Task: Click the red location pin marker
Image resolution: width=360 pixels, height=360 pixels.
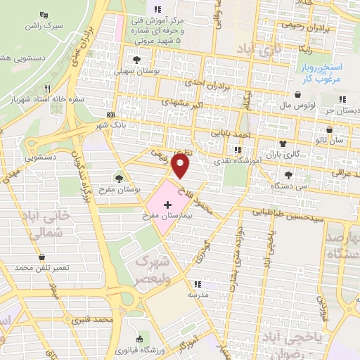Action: pos(181,166)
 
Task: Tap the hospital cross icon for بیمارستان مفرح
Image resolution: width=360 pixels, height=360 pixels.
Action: pos(167,205)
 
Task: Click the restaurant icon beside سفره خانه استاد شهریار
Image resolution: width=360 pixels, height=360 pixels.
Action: pos(48,89)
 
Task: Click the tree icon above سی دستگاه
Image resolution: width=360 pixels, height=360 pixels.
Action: pos(288,174)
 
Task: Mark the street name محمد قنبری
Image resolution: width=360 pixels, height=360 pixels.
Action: pos(96,320)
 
